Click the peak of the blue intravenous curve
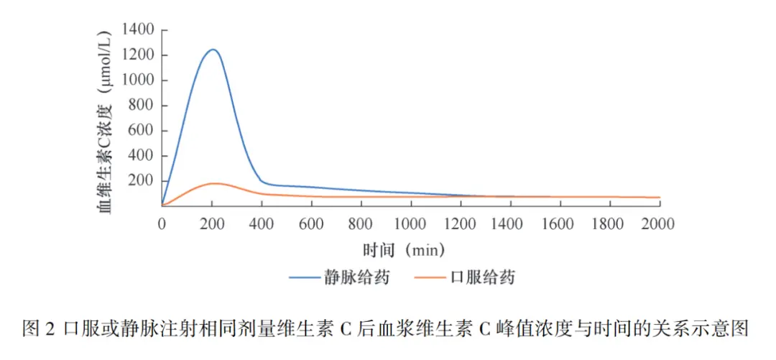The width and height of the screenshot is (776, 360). tap(212, 50)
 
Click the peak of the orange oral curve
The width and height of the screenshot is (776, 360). tap(213, 183)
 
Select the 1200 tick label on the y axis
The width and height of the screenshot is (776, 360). tap(138, 55)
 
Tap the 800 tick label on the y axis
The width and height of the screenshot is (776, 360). tap(142, 106)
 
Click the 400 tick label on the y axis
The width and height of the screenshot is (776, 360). tap(142, 156)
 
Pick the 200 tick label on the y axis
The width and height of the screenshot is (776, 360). tap(142, 181)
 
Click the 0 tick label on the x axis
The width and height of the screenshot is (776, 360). tap(162, 224)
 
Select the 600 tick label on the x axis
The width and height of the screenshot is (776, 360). tap(311, 224)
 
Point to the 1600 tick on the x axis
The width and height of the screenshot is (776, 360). tap(560, 224)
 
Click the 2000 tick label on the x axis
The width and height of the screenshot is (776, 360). tap(660, 224)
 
